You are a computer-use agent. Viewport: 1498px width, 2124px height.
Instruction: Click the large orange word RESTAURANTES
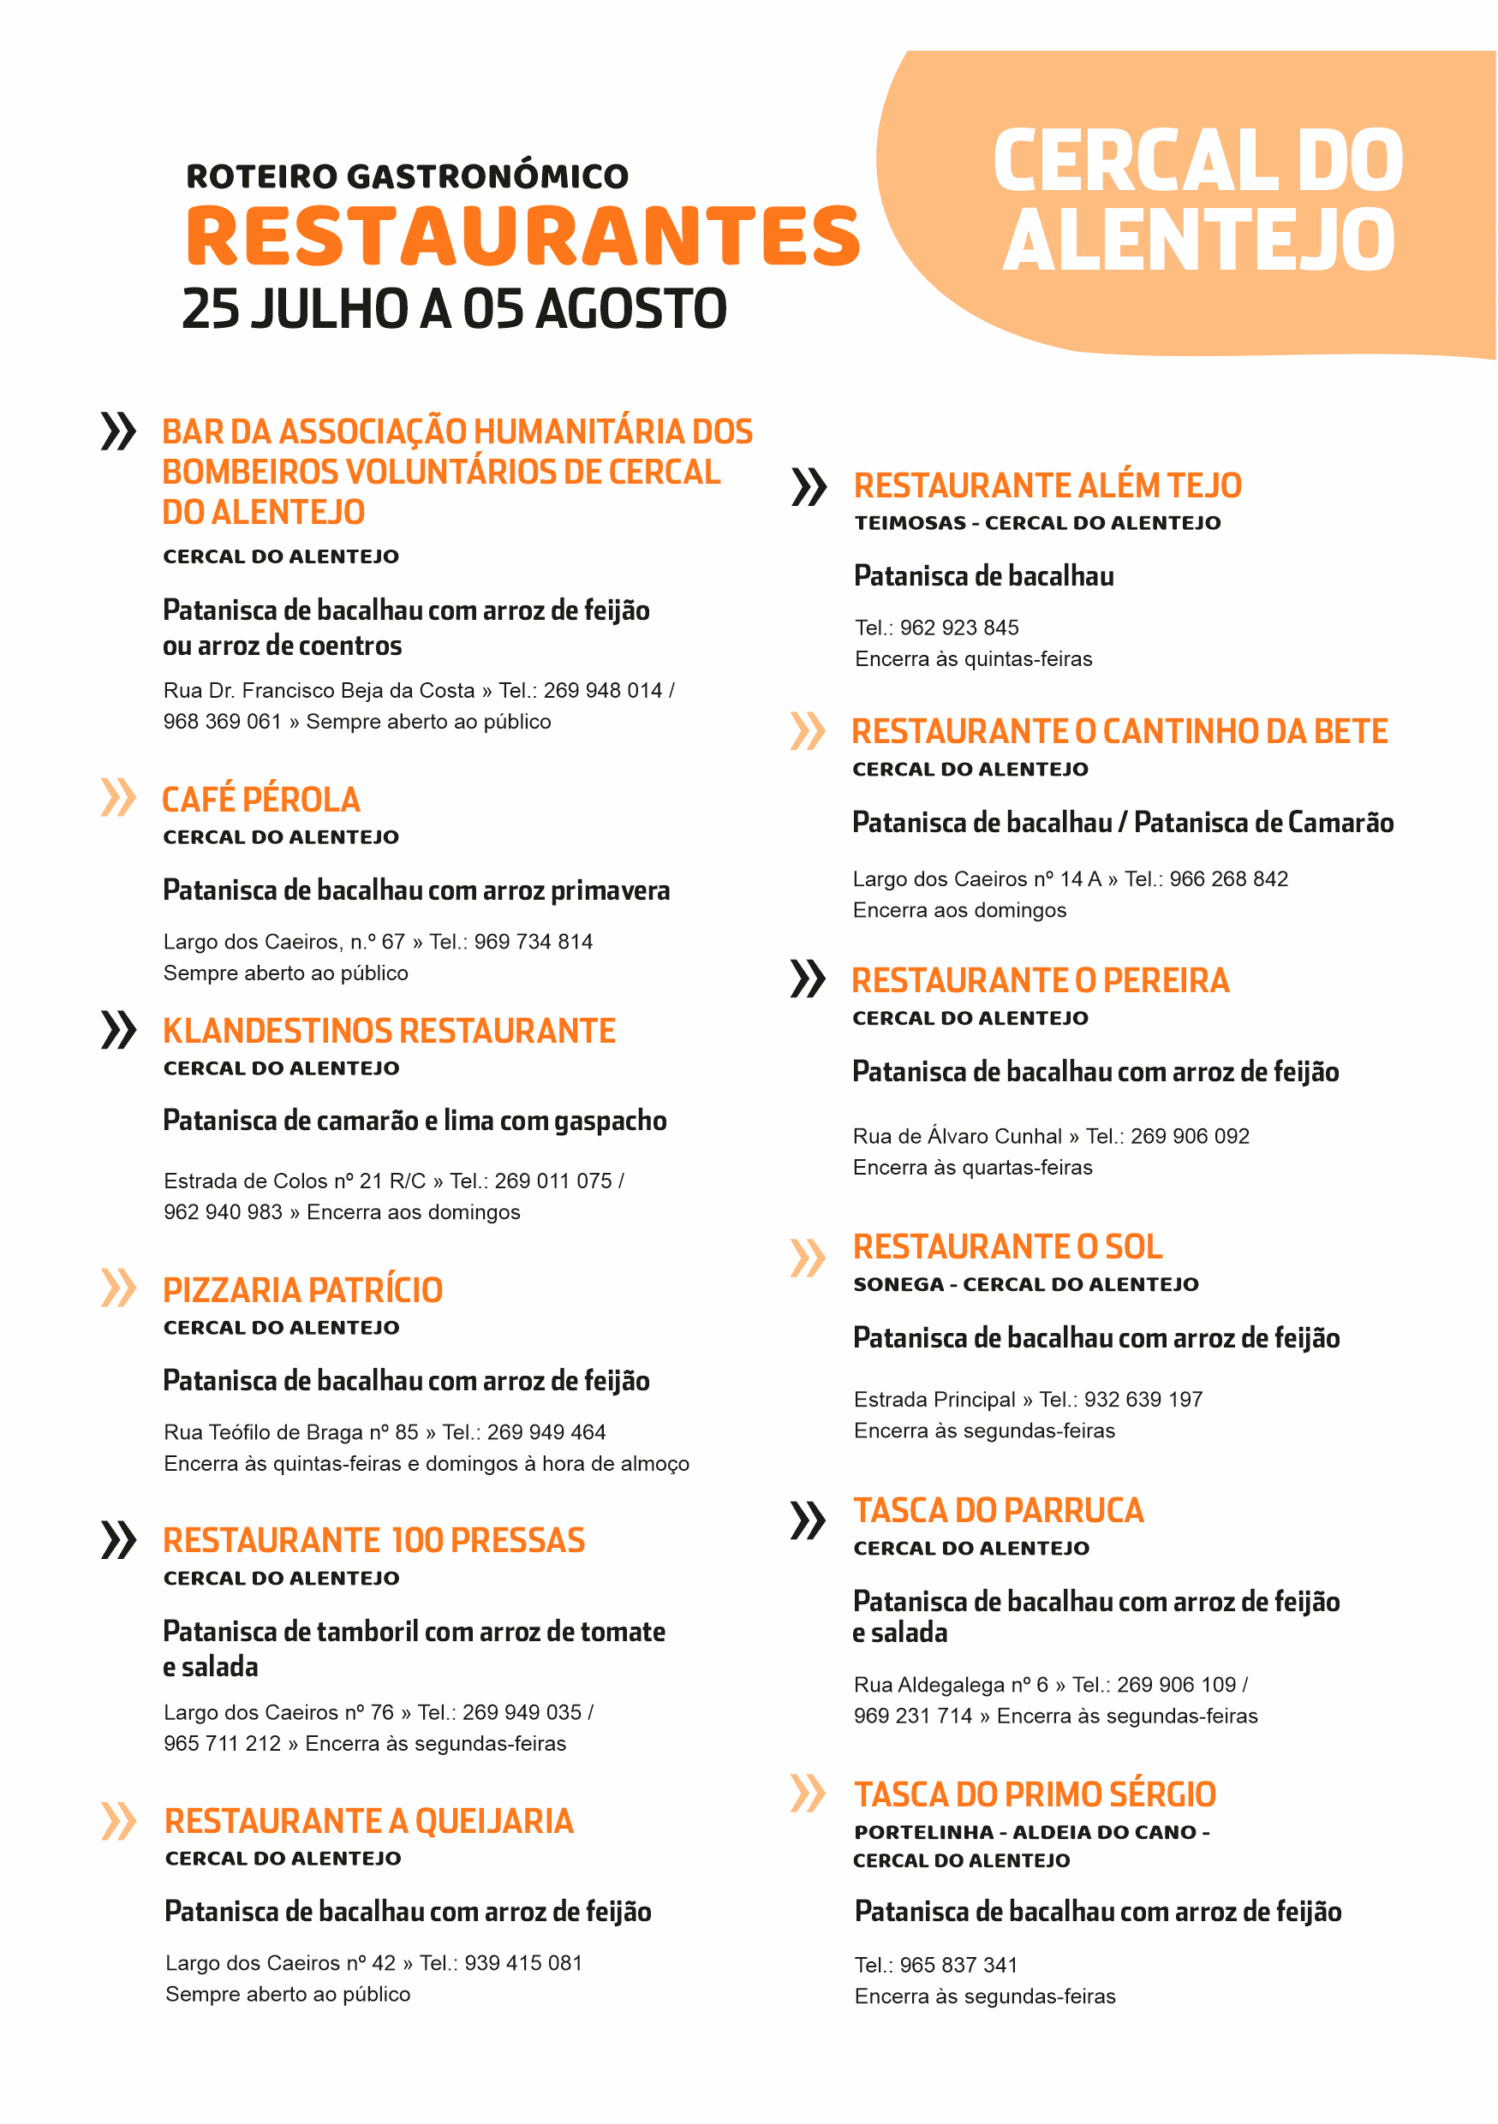pyautogui.click(x=523, y=236)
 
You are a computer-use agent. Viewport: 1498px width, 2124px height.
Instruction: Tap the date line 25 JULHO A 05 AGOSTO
pyautogui.click(x=454, y=309)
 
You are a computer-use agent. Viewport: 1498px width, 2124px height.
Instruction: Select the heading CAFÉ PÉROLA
pyautogui.click(x=261, y=800)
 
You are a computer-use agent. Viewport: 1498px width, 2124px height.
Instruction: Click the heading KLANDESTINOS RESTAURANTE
pyautogui.click(x=389, y=1032)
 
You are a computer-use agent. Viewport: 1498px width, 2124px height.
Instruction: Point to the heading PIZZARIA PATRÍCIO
pyautogui.click(x=302, y=1290)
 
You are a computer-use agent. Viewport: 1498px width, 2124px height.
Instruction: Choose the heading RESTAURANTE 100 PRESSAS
pyautogui.click(x=373, y=1541)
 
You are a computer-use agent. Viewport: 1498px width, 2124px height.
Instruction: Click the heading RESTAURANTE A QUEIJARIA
pyautogui.click(x=369, y=1822)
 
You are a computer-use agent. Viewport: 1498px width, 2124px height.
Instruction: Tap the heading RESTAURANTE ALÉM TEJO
pyautogui.click(x=1047, y=486)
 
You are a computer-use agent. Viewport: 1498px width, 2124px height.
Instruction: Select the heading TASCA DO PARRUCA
pyautogui.click(x=999, y=1512)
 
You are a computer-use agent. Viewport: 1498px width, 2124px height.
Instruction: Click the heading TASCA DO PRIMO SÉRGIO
pyautogui.click(x=1035, y=1795)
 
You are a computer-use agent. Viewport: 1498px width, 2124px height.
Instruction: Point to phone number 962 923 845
pyautogui.click(x=958, y=628)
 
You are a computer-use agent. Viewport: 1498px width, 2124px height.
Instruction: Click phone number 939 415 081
pyautogui.click(x=522, y=1963)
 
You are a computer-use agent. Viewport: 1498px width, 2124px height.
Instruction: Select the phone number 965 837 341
pyautogui.click(x=958, y=1965)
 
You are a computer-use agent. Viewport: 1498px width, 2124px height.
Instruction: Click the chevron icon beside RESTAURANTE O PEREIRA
pyautogui.click(x=807, y=979)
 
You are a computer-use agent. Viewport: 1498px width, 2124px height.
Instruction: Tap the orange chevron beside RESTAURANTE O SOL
pyautogui.click(x=807, y=1258)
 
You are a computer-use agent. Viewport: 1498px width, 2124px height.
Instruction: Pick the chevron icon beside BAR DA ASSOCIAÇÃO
pyautogui.click(x=117, y=431)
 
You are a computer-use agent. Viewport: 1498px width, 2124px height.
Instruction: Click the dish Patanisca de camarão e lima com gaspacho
pyautogui.click(x=415, y=1121)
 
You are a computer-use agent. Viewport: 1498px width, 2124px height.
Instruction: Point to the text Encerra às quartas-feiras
pyautogui.click(x=972, y=1168)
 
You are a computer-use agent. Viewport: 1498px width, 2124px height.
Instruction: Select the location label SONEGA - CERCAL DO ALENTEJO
pyautogui.click(x=1025, y=1285)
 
